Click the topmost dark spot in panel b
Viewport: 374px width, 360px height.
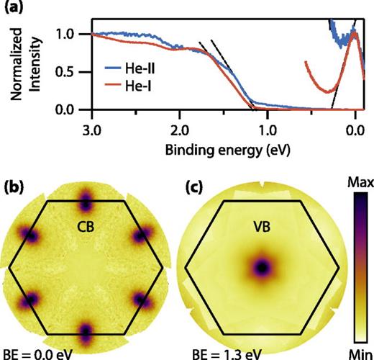[86, 197]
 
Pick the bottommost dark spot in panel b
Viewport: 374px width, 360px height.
[86, 333]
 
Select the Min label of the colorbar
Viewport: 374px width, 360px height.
[357, 353]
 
